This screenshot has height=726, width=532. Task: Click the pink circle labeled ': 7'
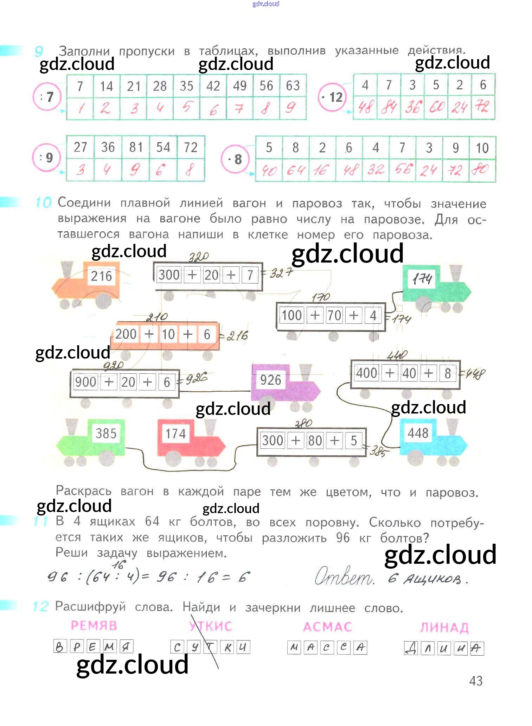click(47, 96)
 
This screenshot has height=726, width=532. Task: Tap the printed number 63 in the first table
click(293, 86)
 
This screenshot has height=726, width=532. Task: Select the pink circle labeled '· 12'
click(332, 97)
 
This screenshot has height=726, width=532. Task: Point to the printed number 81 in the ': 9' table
click(136, 147)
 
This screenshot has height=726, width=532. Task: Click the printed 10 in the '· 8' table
click(482, 148)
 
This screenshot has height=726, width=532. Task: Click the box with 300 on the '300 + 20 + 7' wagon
click(169, 275)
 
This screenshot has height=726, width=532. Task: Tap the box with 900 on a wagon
click(85, 382)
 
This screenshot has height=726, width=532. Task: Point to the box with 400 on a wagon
click(366, 373)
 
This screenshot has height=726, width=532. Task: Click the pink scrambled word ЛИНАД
click(444, 627)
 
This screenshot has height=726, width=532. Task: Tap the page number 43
click(476, 681)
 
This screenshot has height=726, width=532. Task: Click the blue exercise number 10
click(43, 203)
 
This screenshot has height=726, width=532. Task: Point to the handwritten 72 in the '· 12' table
click(482, 106)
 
